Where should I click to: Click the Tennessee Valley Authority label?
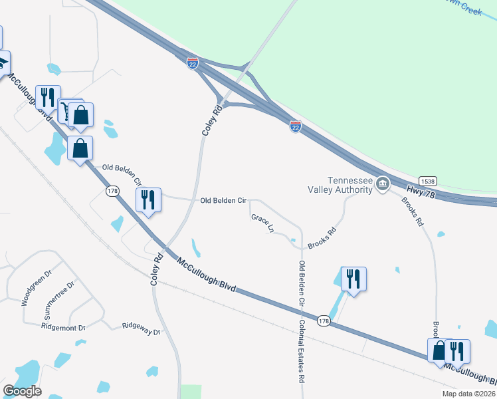tap(350, 185)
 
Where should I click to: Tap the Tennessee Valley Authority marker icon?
tap(383, 184)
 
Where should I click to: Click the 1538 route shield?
tap(427, 180)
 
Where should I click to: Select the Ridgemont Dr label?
tap(64, 327)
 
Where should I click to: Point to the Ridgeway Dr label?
tap(142, 326)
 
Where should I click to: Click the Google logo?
tap(22, 391)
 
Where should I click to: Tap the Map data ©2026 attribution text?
tap(468, 394)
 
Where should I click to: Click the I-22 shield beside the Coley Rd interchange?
tap(192, 63)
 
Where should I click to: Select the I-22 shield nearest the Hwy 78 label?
tap(296, 126)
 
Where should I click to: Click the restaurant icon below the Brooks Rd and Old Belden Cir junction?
tap(353, 279)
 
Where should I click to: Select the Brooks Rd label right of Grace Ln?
tap(322, 240)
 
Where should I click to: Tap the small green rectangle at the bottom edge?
tap(191, 392)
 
